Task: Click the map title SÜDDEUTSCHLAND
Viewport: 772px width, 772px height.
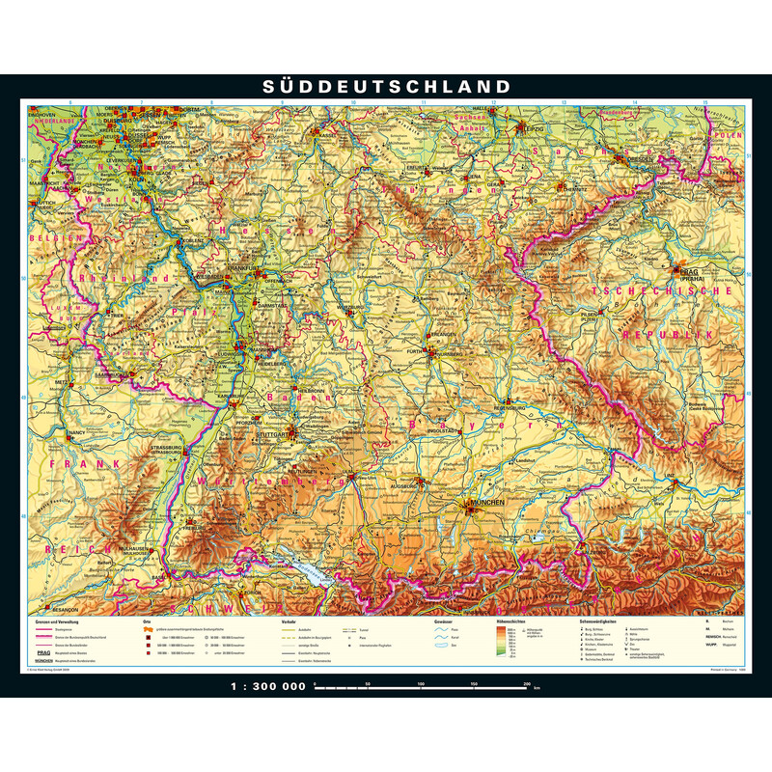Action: click(386, 87)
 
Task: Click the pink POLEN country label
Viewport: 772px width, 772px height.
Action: click(731, 137)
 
